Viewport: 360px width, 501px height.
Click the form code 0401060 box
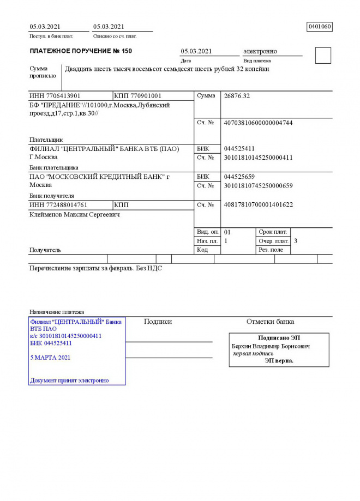tap(320, 27)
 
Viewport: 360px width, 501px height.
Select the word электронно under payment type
tap(261, 51)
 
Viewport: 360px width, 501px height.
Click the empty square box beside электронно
tap(323, 56)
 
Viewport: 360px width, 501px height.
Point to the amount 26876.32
tap(237, 96)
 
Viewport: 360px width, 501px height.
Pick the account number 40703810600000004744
tap(258, 123)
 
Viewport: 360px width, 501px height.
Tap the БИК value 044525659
tap(239, 177)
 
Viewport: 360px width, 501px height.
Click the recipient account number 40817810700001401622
tap(258, 205)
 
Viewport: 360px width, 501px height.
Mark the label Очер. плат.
tap(273, 241)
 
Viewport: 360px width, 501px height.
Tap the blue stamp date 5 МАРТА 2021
tap(50, 358)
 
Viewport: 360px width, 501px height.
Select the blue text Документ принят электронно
tap(69, 381)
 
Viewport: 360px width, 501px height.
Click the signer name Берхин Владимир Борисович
tap(271, 346)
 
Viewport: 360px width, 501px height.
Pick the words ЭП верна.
tap(279, 360)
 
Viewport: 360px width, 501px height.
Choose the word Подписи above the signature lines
tap(158, 322)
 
